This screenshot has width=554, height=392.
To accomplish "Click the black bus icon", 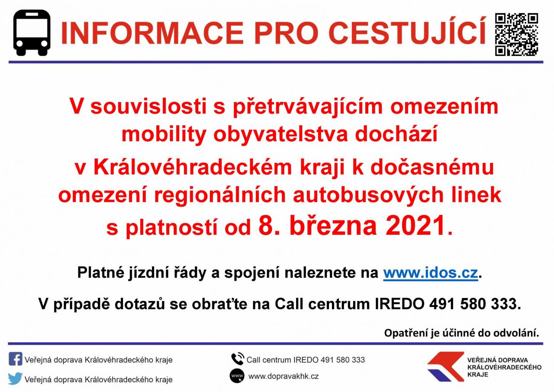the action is click(x=32, y=32).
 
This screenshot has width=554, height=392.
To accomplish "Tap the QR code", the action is click(x=516, y=34).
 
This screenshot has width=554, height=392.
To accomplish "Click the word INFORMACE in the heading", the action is click(x=152, y=33).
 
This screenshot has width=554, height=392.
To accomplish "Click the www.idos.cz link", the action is click(x=430, y=273).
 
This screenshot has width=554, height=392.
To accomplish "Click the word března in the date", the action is click(x=333, y=226).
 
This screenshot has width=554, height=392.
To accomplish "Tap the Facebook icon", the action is click(x=15, y=359).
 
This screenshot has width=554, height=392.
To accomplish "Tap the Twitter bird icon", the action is click(x=15, y=379).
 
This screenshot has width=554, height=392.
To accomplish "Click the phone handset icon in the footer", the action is click(x=238, y=359).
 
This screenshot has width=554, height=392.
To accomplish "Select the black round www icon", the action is click(x=237, y=376).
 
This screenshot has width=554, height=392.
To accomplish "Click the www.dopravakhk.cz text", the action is click(x=283, y=376).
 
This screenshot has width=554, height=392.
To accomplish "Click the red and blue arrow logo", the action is click(x=445, y=367).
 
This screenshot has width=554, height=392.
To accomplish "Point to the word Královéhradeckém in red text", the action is click(x=193, y=168).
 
